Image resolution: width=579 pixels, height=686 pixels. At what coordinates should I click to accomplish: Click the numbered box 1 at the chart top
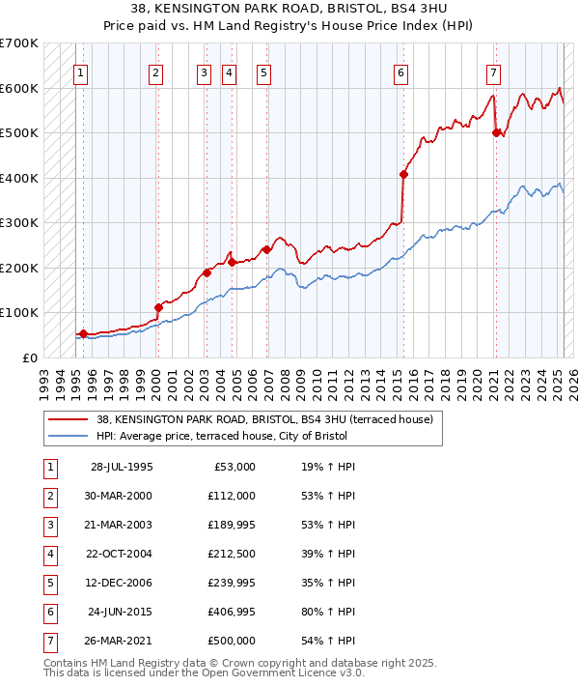tap(81, 71)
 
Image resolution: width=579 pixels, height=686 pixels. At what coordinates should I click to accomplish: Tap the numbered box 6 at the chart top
tap(400, 71)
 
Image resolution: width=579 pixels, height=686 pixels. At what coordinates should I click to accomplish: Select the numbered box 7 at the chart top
tap(493, 71)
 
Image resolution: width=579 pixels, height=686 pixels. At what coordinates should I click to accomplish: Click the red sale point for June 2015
tap(404, 175)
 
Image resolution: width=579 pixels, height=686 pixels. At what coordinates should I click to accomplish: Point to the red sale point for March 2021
tap(496, 133)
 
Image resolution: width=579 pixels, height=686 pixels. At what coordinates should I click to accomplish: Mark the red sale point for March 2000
tap(158, 307)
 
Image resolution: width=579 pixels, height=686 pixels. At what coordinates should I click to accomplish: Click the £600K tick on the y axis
tap(19, 88)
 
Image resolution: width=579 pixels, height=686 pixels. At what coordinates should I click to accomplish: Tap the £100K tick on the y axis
tap(19, 313)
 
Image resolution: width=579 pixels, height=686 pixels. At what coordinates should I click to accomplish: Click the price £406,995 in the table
tap(232, 612)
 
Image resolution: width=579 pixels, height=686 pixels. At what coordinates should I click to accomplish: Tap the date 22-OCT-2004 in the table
tap(119, 554)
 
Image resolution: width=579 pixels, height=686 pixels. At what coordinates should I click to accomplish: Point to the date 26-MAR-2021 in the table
tap(119, 641)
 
